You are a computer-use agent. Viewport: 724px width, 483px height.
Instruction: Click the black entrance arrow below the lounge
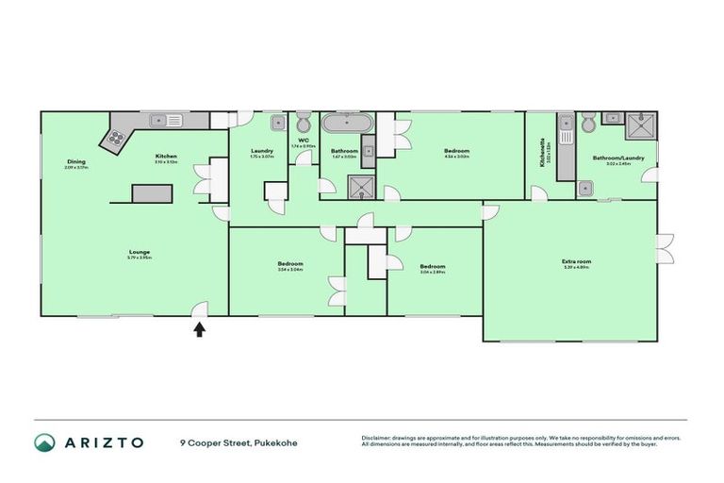click(199, 329)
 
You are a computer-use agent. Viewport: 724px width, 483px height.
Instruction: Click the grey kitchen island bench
click(153, 193)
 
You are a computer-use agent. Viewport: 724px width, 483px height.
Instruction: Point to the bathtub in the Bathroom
click(347, 124)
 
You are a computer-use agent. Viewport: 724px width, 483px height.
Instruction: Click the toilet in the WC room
click(304, 124)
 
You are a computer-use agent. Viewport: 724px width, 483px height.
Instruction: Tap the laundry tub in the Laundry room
click(278, 122)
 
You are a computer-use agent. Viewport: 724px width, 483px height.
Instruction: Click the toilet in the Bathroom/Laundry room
click(588, 123)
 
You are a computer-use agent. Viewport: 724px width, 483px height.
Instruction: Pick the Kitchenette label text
click(542, 152)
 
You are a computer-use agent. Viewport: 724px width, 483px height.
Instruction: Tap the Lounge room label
click(140, 252)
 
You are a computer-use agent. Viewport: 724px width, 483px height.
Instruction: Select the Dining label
click(75, 161)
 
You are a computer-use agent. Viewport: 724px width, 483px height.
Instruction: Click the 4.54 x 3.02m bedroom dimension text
click(456, 157)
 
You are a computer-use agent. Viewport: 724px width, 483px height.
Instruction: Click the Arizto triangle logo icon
click(44, 442)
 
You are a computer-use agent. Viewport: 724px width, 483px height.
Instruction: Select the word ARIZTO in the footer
click(104, 442)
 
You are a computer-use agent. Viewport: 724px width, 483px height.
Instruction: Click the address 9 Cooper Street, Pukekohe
click(239, 442)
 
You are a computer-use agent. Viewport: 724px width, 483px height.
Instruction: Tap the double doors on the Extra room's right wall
click(665, 247)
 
